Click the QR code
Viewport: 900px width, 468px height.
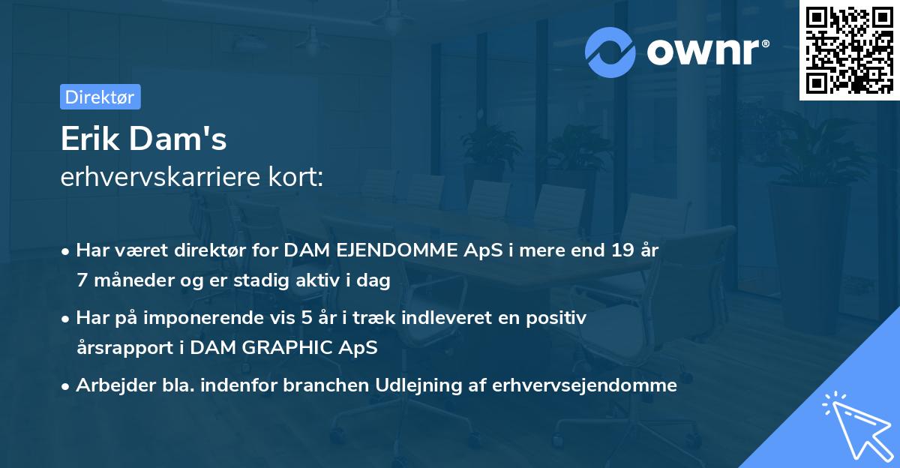coord(850,50)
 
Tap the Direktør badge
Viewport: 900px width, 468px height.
coord(100,97)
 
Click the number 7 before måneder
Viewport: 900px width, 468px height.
coord(82,280)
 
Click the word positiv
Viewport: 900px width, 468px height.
coord(559,318)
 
